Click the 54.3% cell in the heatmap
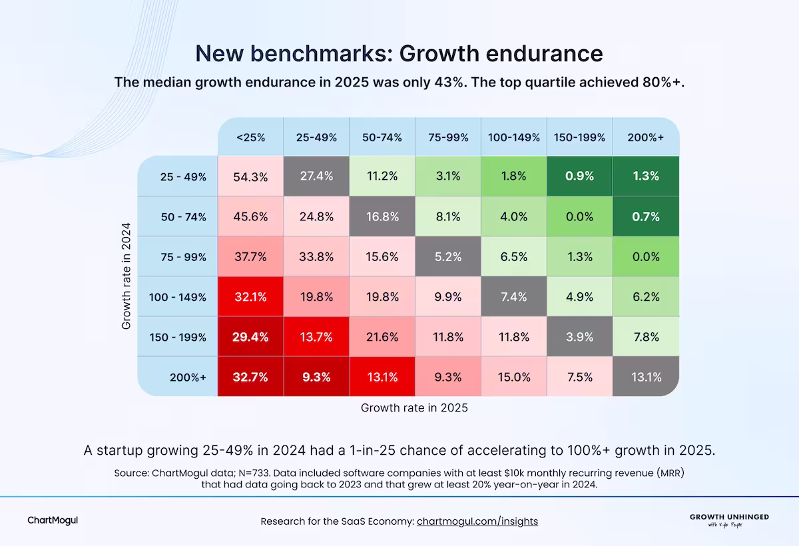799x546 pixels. coord(250,177)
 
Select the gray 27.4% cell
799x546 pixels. coord(316,177)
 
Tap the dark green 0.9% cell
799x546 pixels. coord(580,177)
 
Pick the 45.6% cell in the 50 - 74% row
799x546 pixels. coord(250,217)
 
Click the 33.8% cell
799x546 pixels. coord(316,257)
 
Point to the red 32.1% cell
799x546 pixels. coord(250,297)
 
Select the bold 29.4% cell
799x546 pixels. coord(250,337)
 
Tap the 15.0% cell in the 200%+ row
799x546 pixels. coord(514,377)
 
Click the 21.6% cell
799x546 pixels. coord(382,337)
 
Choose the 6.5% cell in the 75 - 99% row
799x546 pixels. coord(514,257)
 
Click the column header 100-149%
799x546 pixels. coord(514,138)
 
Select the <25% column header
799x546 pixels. coord(250,138)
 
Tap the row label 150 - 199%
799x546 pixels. coord(178,337)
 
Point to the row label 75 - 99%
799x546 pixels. coord(183,257)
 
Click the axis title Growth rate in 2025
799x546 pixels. coord(414,408)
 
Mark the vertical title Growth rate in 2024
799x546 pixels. coord(127,276)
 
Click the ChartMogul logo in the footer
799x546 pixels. coord(53,520)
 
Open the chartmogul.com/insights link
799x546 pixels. coord(477,521)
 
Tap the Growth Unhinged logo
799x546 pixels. coord(728,519)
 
